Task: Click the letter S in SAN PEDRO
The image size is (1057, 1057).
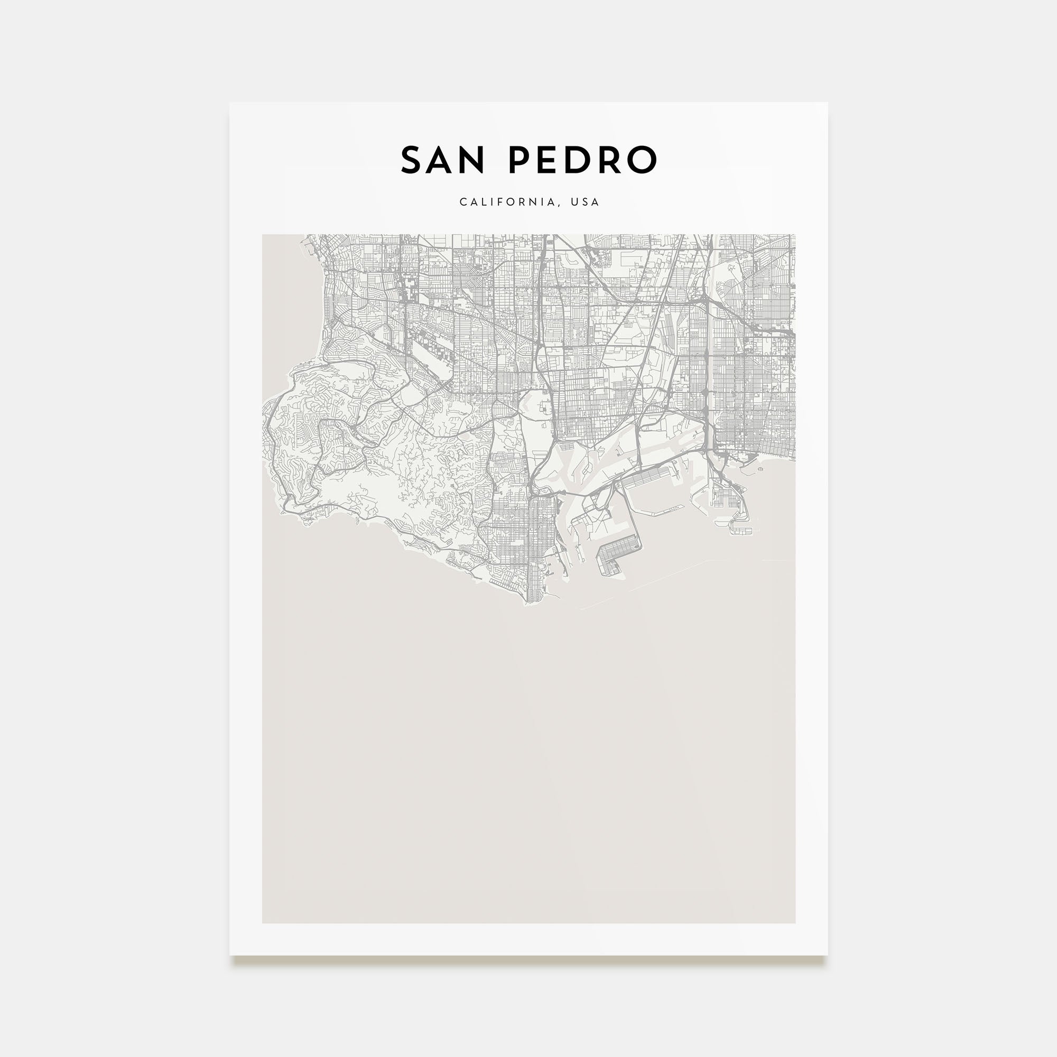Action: click(x=414, y=160)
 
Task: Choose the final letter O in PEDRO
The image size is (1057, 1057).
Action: click(x=644, y=160)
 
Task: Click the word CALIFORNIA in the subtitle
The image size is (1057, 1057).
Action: click(x=507, y=202)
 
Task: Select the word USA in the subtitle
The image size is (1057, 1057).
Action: click(x=585, y=202)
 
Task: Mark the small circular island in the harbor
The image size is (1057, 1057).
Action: click(x=761, y=469)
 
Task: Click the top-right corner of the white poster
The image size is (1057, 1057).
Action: click(x=827, y=103)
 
